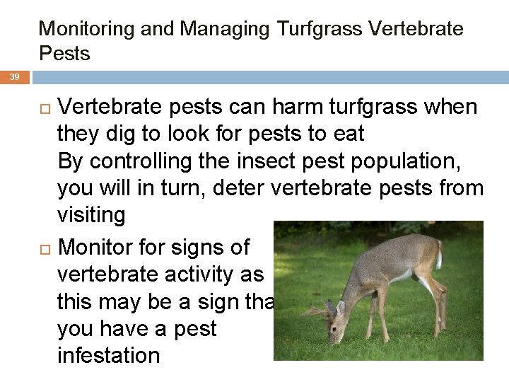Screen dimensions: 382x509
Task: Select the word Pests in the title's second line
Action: (x=64, y=54)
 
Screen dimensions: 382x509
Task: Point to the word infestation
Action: (x=108, y=355)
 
